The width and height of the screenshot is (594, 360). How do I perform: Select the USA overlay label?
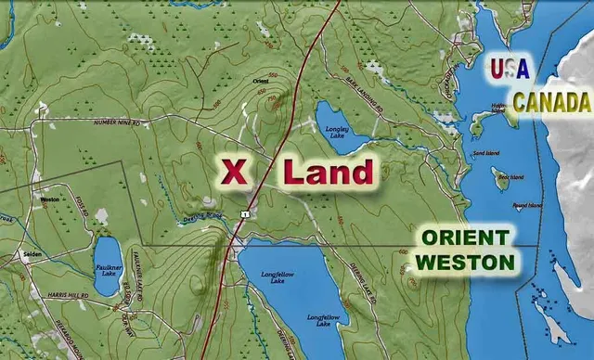pyautogui.click(x=509, y=68)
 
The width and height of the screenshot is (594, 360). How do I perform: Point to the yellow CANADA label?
pyautogui.click(x=552, y=102)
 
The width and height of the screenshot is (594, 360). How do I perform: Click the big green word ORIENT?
pyautogui.click(x=465, y=238)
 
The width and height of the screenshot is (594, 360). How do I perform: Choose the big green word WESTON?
pyautogui.click(x=465, y=263)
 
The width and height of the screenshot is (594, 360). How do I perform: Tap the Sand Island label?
pyautogui.click(x=485, y=153)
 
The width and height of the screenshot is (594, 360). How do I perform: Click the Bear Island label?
pyautogui.click(x=510, y=176)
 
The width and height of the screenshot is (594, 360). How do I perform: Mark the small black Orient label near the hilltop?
pyautogui.click(x=261, y=82)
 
